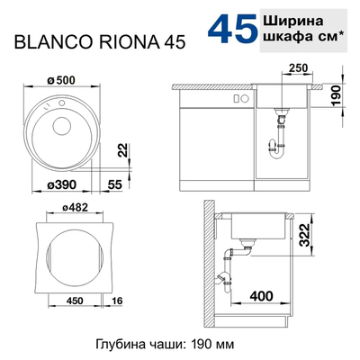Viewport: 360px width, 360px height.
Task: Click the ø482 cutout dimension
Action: click(75, 209)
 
